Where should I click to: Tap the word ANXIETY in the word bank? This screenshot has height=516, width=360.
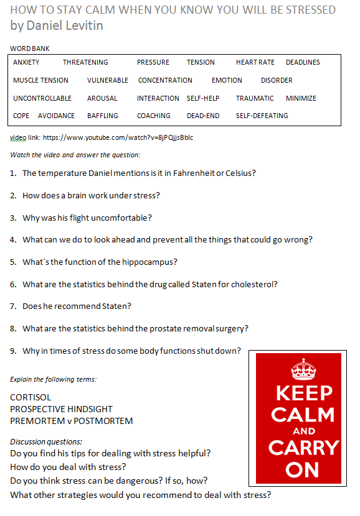click(x=26, y=62)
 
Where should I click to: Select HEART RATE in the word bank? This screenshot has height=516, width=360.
click(x=255, y=62)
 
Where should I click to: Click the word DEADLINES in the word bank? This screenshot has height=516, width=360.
click(x=303, y=62)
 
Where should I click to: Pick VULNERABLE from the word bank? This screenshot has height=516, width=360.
click(x=108, y=80)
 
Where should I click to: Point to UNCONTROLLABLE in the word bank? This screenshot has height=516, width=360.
click(x=42, y=98)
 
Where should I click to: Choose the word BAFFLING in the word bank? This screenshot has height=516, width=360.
click(x=103, y=116)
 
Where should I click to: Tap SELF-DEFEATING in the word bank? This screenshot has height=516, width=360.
click(x=262, y=116)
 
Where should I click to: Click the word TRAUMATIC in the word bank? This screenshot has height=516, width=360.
click(x=255, y=98)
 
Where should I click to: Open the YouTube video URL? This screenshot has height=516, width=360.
click(x=118, y=137)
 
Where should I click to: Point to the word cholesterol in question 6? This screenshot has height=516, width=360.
click(x=253, y=284)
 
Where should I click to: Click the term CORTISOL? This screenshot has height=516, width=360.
click(x=31, y=397)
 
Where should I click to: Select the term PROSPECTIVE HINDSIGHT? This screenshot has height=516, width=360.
click(x=62, y=408)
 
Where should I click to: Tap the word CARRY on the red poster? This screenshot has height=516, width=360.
click(x=303, y=448)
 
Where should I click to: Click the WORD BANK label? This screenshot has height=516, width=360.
click(x=30, y=48)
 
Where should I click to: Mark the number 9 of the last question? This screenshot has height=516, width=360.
click(x=13, y=351)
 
